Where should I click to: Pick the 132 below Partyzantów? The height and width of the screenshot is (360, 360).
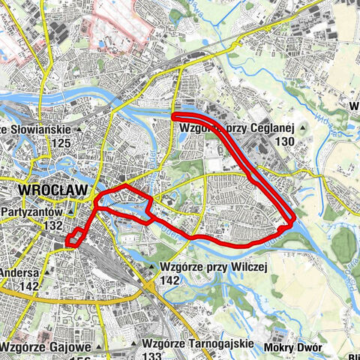(52, 225)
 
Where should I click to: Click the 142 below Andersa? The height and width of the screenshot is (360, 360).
(29, 286)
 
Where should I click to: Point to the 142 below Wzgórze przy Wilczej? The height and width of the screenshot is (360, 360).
(170, 279)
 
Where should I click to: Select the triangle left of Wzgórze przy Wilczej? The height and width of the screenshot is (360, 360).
(151, 267)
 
